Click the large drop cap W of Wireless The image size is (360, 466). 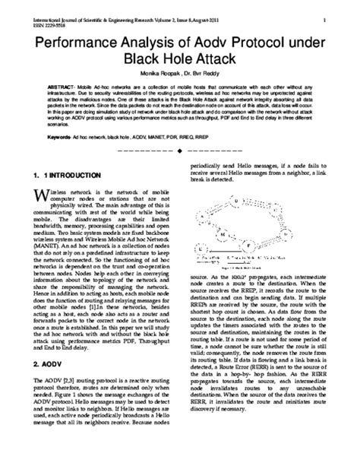[x=41, y=197]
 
